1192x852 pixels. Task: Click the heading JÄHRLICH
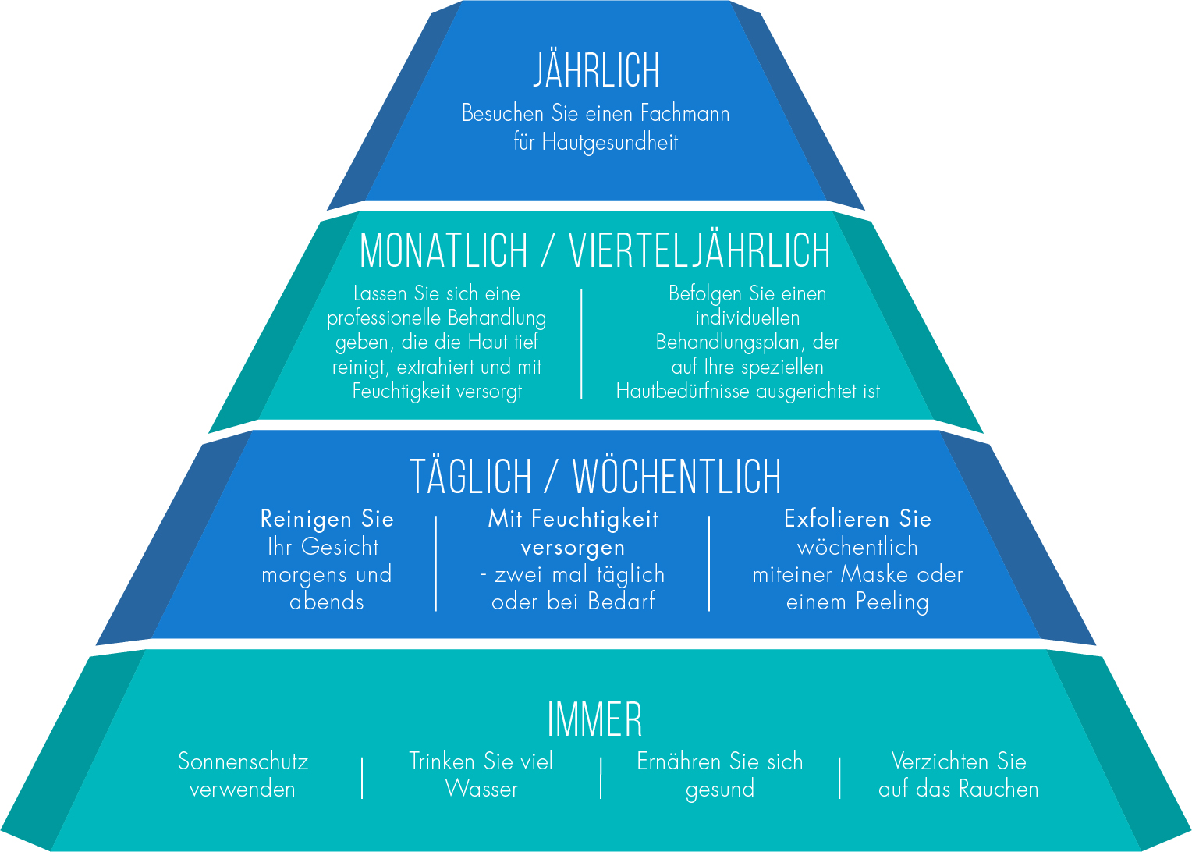pos(597,71)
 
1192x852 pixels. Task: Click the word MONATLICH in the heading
pos(443,251)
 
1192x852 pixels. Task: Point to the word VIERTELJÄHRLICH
pos(699,251)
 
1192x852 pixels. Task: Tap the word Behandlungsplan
pos(729,343)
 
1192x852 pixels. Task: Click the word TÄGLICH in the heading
pos(470,477)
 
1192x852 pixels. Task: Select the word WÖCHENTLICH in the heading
pos(676,477)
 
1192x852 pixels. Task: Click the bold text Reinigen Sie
pos(327,519)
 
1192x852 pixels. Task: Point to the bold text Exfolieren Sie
pos(857,519)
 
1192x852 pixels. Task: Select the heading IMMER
pos(595,720)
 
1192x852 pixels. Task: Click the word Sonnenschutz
pos(243,761)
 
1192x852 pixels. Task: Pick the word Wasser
pos(481,789)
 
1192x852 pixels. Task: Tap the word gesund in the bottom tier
pos(719,790)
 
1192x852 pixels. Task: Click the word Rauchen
pos(999,789)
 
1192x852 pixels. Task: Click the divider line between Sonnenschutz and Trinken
pos(363,777)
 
